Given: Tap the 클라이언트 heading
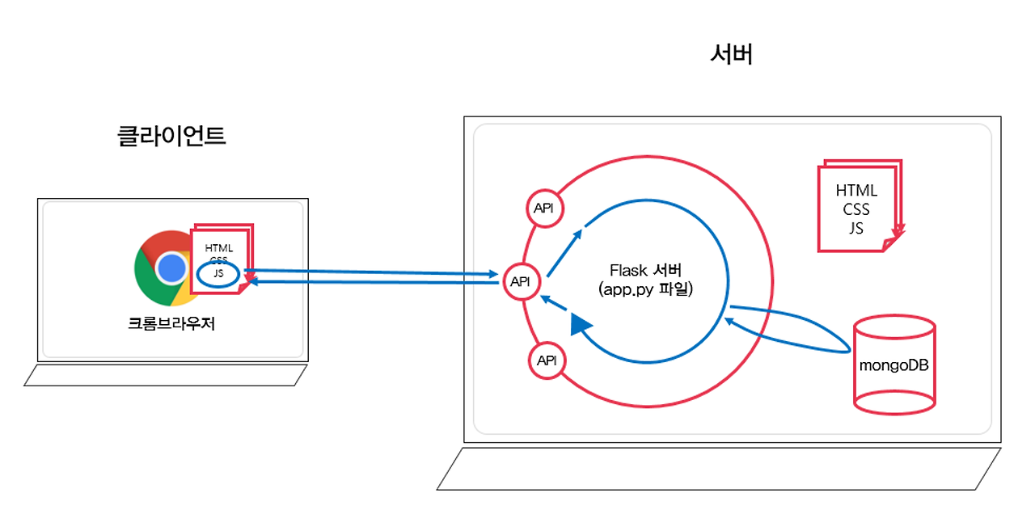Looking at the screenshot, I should pos(171,135).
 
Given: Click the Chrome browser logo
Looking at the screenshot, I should pos(166,268).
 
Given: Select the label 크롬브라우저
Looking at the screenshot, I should pos(171,324).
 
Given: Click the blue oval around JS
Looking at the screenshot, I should pos(219,274).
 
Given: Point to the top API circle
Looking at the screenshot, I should pos(544,208).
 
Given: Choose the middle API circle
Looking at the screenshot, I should pos(520,281).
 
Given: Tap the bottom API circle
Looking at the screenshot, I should pos(547,360).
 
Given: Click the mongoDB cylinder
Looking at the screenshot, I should pos(894,365).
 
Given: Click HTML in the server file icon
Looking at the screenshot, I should pos(856,191).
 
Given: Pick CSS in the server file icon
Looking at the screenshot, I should pos(856,209).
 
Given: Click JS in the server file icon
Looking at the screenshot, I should pos(856,228).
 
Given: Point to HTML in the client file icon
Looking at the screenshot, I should pos(219,247).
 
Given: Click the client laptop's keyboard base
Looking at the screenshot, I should pos(166,375).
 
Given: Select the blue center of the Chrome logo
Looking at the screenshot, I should pos(171,268).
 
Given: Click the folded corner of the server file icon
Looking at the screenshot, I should pos(893,242).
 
